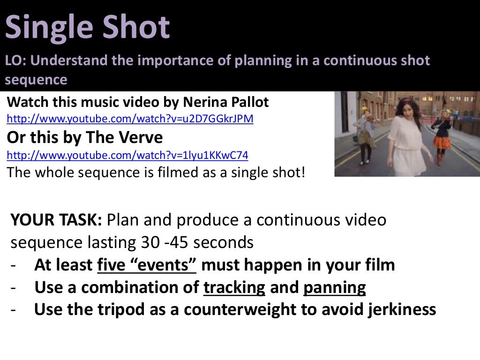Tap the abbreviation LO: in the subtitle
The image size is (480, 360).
16,61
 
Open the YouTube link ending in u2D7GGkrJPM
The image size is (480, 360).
130,119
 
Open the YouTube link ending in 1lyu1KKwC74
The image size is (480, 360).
127,155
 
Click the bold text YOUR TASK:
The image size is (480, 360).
56,219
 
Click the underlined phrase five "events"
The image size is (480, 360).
146,265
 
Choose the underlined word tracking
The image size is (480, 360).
234,287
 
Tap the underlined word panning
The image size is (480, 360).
334,287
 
